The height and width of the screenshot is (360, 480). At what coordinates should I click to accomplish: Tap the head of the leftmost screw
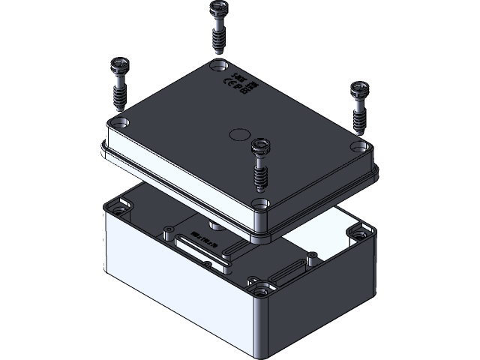point(120,64)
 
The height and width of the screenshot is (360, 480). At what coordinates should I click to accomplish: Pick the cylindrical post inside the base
point(214,224)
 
